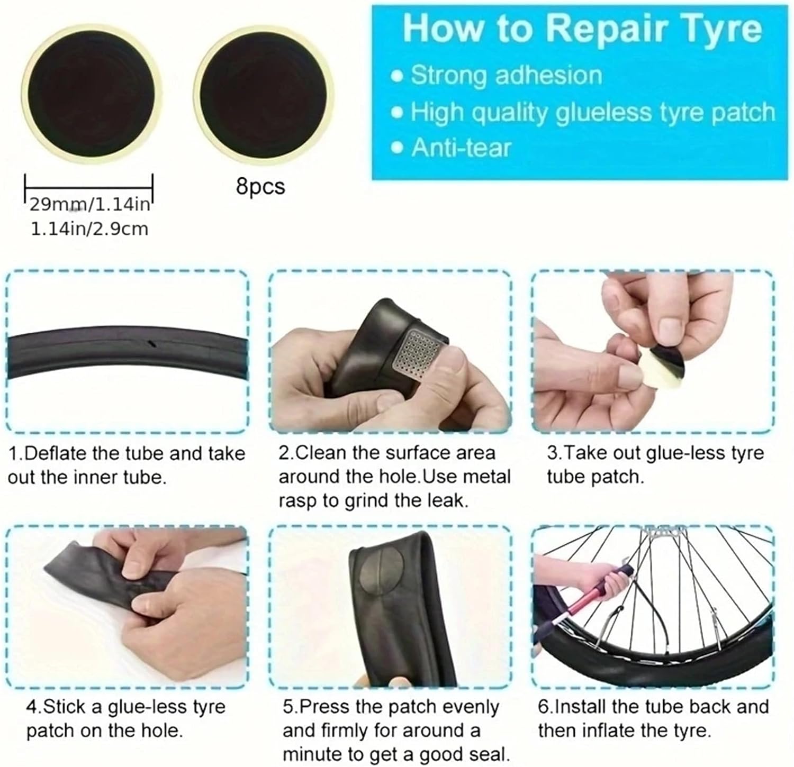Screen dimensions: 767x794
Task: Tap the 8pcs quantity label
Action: tap(260, 186)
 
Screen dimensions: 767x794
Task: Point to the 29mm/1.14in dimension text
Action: tap(89, 204)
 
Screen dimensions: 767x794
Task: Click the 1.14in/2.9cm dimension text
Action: tap(89, 229)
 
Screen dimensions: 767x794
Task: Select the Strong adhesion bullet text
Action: tap(506, 75)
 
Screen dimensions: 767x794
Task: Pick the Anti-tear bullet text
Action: tap(461, 148)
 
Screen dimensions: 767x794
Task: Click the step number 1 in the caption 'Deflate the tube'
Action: tap(14, 453)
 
